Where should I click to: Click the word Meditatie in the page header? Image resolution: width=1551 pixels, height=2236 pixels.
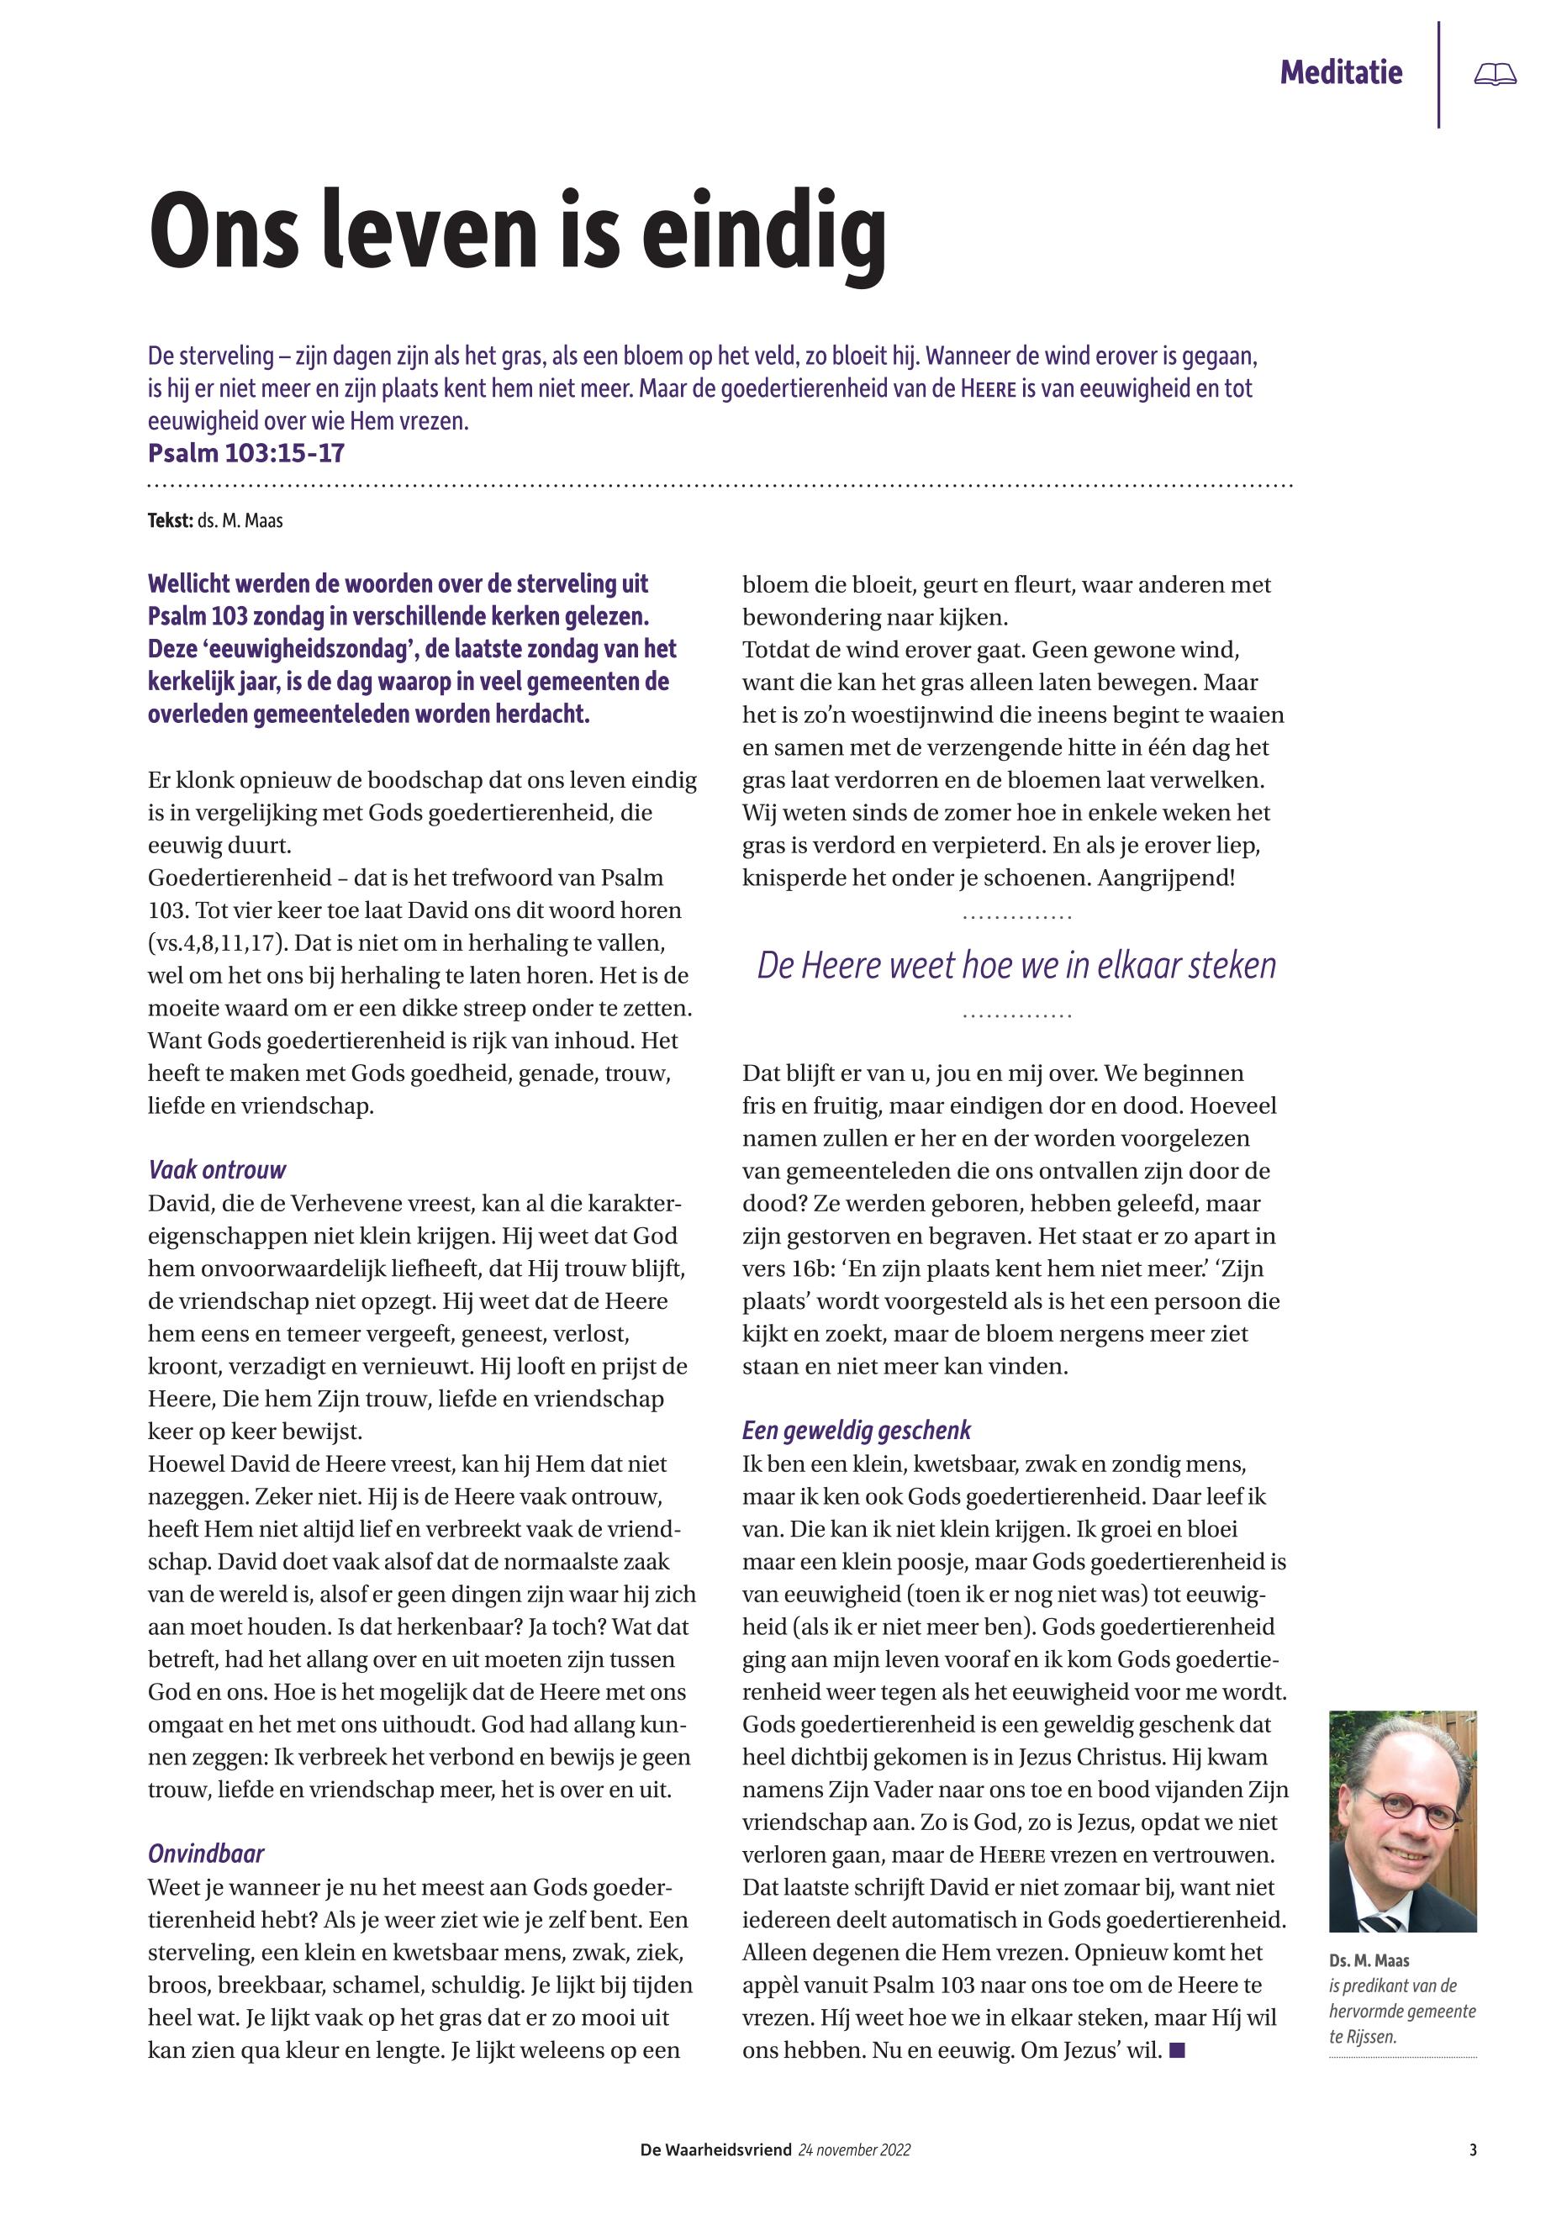click(x=1340, y=72)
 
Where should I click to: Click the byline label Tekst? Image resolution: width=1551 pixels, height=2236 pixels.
click(x=170, y=521)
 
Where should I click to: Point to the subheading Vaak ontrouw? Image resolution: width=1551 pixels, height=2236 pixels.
click(x=217, y=1170)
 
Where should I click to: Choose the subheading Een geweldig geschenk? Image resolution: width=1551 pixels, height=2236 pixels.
click(x=856, y=1431)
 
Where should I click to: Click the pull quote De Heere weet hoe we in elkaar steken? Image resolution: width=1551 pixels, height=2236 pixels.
click(x=1016, y=966)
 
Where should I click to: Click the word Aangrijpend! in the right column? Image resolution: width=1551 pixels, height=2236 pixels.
click(x=1166, y=878)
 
